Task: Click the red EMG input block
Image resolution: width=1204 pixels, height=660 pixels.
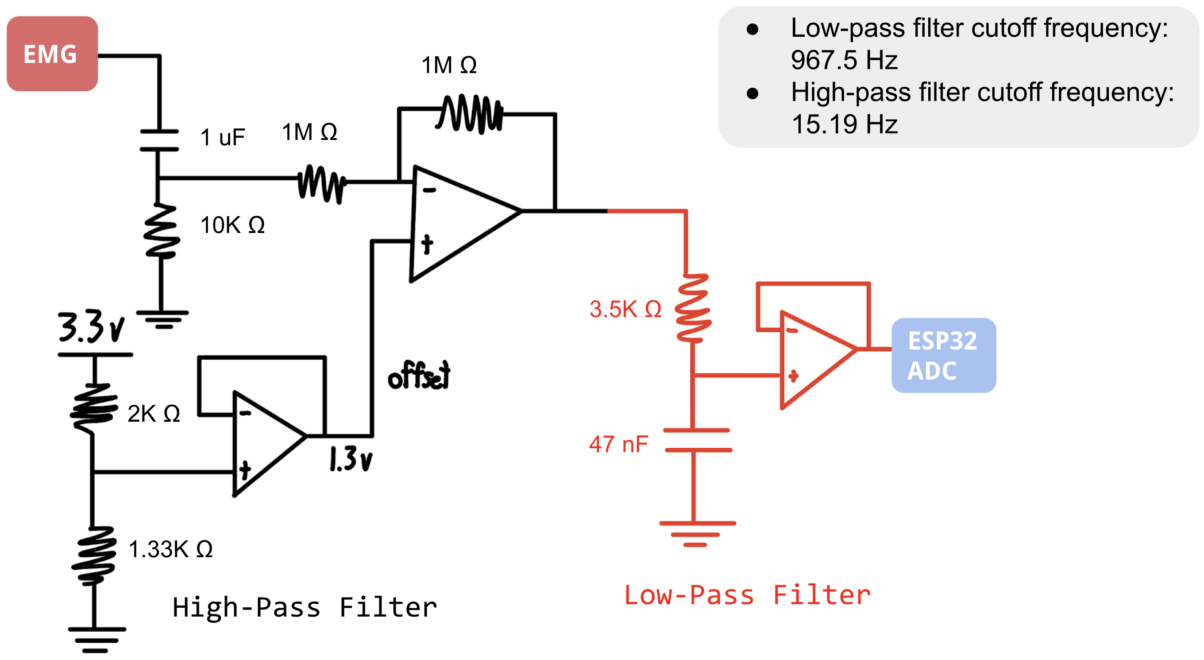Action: (52, 53)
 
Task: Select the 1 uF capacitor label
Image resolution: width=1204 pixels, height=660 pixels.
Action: (223, 137)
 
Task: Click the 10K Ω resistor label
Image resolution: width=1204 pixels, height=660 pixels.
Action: (232, 225)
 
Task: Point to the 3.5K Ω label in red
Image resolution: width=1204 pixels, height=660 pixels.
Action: (625, 309)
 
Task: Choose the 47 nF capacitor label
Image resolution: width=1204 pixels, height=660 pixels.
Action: (618, 444)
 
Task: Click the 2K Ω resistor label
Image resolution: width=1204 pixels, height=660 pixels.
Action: (153, 413)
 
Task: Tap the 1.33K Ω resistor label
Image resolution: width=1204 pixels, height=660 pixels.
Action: (170, 549)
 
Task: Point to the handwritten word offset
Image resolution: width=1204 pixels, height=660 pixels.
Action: (419, 376)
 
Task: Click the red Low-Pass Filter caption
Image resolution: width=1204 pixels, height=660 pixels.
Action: (747, 595)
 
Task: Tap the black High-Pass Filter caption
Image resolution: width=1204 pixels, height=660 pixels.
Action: (304, 607)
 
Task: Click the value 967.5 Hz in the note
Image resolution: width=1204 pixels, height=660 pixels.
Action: (844, 60)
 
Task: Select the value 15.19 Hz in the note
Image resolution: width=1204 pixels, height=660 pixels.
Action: (844, 124)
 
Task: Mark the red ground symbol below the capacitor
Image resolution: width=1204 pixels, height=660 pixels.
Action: (696, 533)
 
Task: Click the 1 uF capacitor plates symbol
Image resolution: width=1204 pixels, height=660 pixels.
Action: (159, 140)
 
